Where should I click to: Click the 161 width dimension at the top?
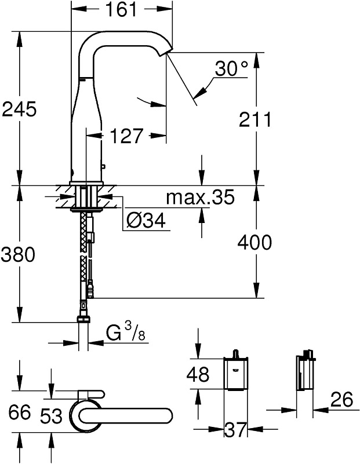click(x=121, y=9)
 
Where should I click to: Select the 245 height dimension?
click(x=19, y=109)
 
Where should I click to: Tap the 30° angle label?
click(x=231, y=69)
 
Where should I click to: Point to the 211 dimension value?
click(x=254, y=119)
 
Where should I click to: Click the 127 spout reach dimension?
click(x=126, y=136)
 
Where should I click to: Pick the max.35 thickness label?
click(x=200, y=197)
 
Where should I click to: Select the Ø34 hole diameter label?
click(x=146, y=221)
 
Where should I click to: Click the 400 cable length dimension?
click(x=254, y=242)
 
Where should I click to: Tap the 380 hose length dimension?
click(x=18, y=254)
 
